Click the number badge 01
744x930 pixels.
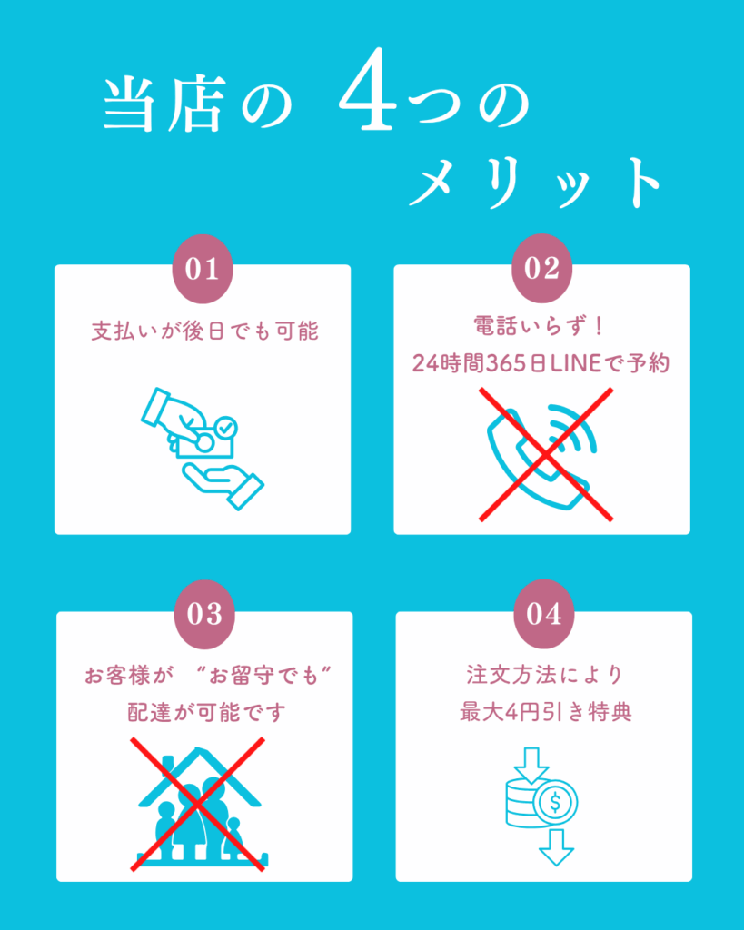point(203,269)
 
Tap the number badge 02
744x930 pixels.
point(541,268)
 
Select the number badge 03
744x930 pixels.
point(204,615)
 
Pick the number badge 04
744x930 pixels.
point(544,614)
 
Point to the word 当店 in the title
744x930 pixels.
point(164,104)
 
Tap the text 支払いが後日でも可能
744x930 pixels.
point(205,331)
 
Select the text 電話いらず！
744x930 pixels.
point(539,326)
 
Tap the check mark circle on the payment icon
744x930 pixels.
point(225,427)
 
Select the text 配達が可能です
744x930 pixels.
point(206,712)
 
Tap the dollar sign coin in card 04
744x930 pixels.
point(555,803)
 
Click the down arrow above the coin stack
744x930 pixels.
point(531,765)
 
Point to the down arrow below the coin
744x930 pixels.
point(557,847)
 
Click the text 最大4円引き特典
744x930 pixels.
point(546,712)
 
